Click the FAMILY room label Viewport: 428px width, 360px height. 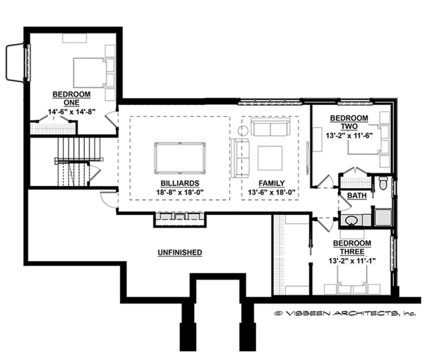pyautogui.click(x=271, y=183)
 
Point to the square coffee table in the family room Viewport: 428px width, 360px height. pyautogui.click(x=269, y=158)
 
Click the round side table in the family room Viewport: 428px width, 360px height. pyautogui.click(x=242, y=130)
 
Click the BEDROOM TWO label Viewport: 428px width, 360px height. pyautogui.click(x=348, y=123)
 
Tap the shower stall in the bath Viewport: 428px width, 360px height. pyautogui.click(x=383, y=217)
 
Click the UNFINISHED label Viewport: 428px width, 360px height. pyautogui.click(x=179, y=253)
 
